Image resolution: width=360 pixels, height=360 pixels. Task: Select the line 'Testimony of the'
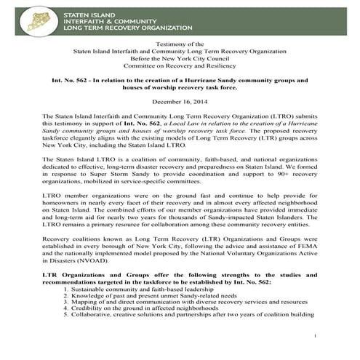coord(180,45)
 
